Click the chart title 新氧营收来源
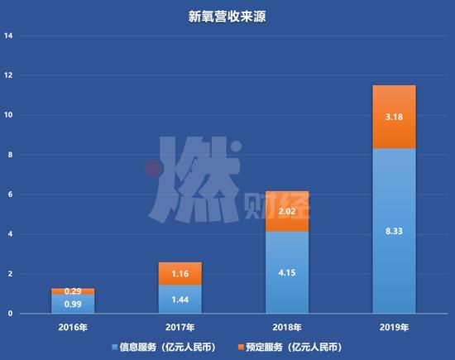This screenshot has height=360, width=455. coord(227,15)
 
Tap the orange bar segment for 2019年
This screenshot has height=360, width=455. coord(393,117)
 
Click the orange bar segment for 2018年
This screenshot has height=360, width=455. coord(286,211)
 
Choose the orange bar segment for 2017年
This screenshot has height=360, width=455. coord(180,273)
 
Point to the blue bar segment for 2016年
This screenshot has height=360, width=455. coord(74,305)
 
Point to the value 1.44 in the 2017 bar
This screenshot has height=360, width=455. coord(180,300)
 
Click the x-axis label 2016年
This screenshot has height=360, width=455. coord(74,329)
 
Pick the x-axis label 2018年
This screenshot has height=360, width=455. coord(286,329)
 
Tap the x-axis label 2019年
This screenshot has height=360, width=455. coord(393,329)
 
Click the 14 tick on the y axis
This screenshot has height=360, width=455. coord(9,36)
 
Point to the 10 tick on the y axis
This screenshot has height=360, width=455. coord(9,116)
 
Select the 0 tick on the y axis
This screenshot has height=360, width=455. coord(11,314)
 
